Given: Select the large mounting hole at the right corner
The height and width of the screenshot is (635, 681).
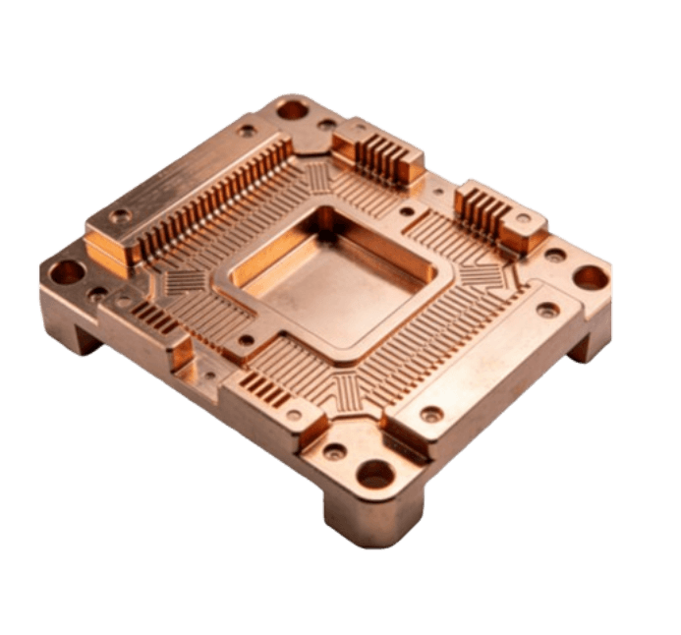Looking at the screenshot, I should pos(591,277).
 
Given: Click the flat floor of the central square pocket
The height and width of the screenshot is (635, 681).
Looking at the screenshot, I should pos(324,286).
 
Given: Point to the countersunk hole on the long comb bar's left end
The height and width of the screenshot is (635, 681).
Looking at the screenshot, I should pos(121,215).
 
